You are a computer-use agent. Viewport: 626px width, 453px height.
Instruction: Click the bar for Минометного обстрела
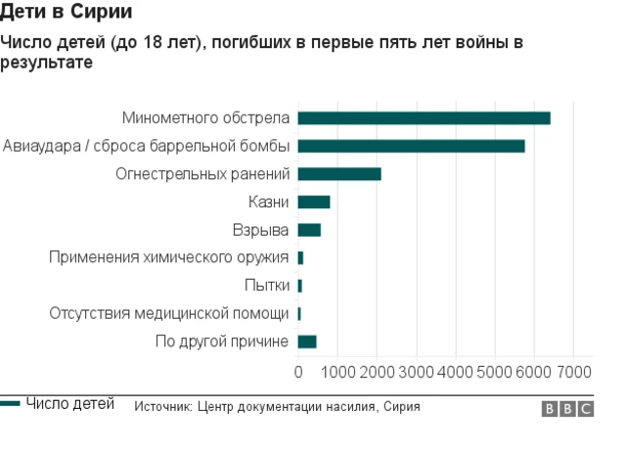coord(424,118)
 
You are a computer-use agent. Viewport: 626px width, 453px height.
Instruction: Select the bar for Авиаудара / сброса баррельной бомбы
coord(411,146)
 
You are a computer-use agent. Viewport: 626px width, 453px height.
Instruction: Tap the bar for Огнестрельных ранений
coord(338,174)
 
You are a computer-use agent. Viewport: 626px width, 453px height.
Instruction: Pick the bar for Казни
coord(313,203)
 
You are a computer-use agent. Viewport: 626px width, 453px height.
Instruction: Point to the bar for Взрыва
coord(309,230)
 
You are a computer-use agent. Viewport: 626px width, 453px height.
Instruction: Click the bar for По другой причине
coord(307,341)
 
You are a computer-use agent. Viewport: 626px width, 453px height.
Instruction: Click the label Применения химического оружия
coord(169,258)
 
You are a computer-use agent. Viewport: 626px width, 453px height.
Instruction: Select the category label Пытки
coord(266,286)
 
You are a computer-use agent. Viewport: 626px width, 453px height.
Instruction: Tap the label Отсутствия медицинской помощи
coord(169,314)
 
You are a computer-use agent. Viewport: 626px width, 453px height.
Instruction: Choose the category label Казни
coord(269,203)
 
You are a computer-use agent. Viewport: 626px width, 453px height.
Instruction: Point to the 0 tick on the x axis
coord(298,373)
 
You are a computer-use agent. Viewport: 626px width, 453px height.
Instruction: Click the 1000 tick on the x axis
coord(337,373)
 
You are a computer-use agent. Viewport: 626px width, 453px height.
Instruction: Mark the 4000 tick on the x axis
coord(456,373)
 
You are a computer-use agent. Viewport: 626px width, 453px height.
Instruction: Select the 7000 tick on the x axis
coord(574,373)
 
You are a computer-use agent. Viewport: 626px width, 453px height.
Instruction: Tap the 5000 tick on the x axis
coord(495,373)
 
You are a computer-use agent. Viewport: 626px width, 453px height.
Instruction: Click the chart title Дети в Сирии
coord(67,13)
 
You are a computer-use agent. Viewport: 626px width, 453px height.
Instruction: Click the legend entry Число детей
coord(69,404)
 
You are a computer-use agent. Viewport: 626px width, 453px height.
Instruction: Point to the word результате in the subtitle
coord(46,63)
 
